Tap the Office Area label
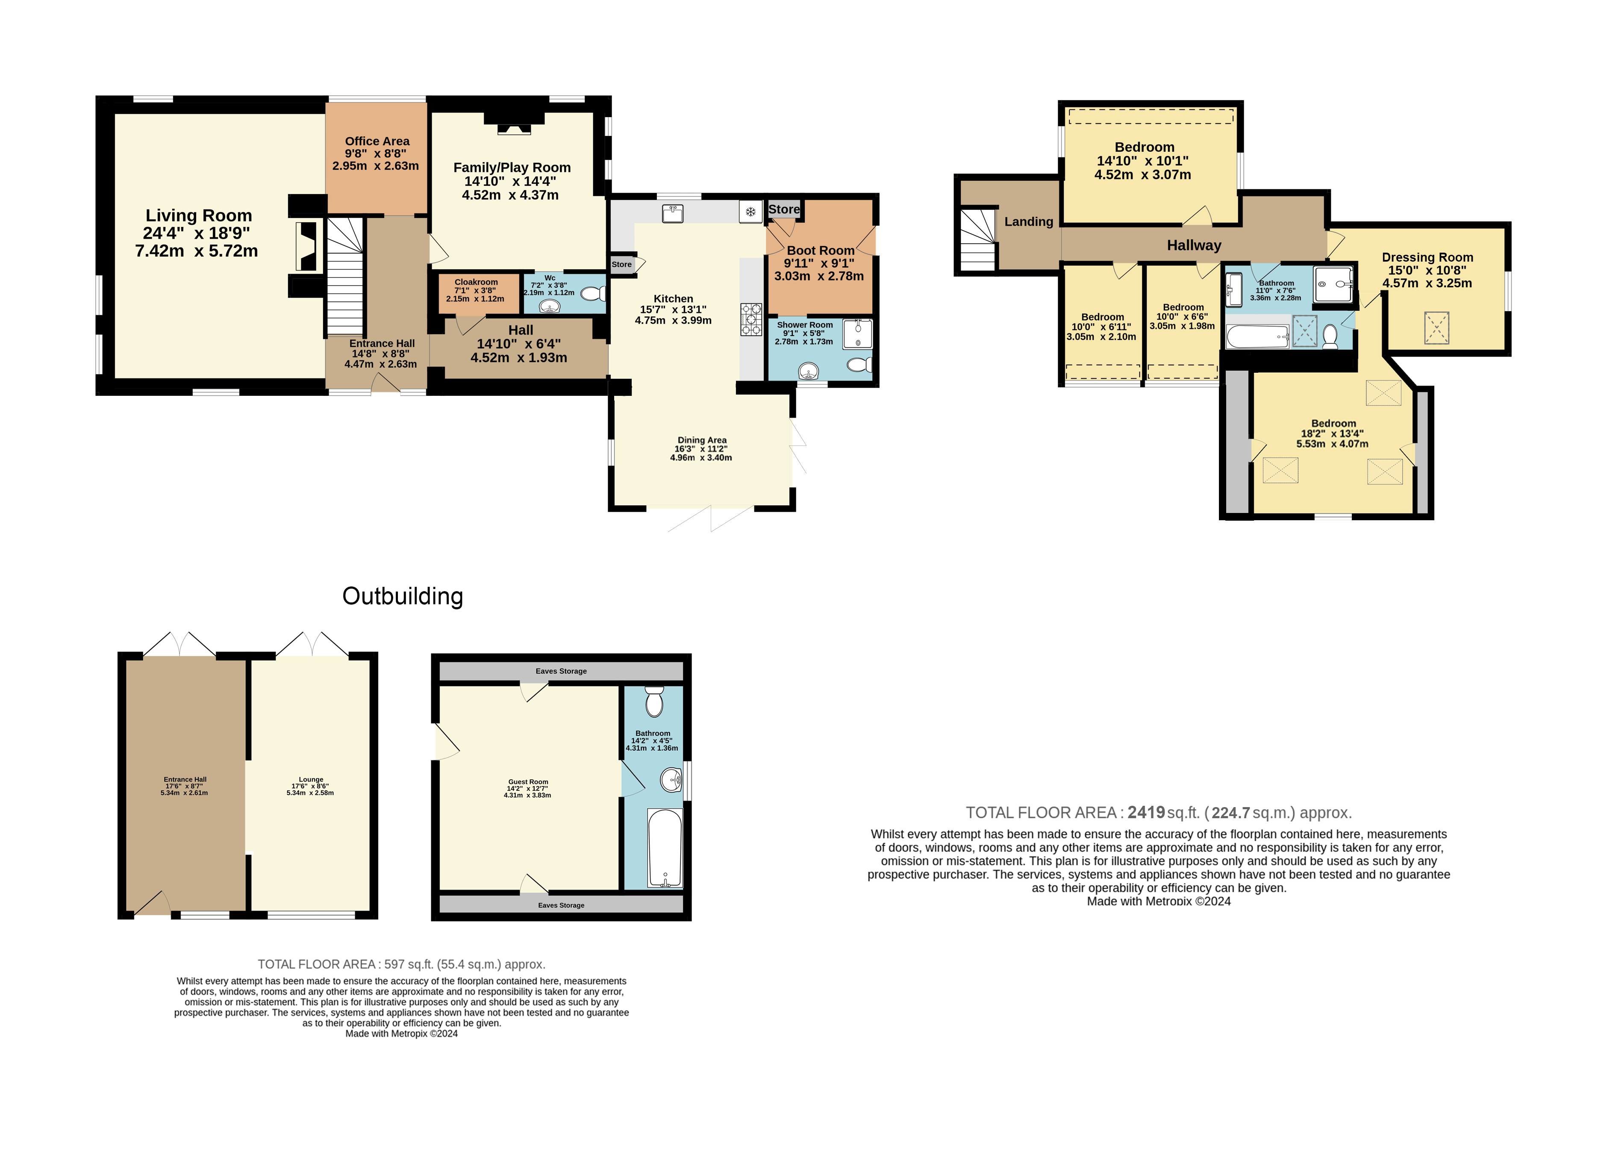[377, 141]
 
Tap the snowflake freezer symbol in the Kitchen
[750, 212]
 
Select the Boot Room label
[821, 251]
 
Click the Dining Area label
[702, 440]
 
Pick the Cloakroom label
[476, 282]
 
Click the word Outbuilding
[403, 596]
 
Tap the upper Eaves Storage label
[562, 671]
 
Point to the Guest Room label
[528, 781]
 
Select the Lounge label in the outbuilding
[311, 779]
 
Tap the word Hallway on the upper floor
[1194, 245]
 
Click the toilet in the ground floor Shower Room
[860, 365]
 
